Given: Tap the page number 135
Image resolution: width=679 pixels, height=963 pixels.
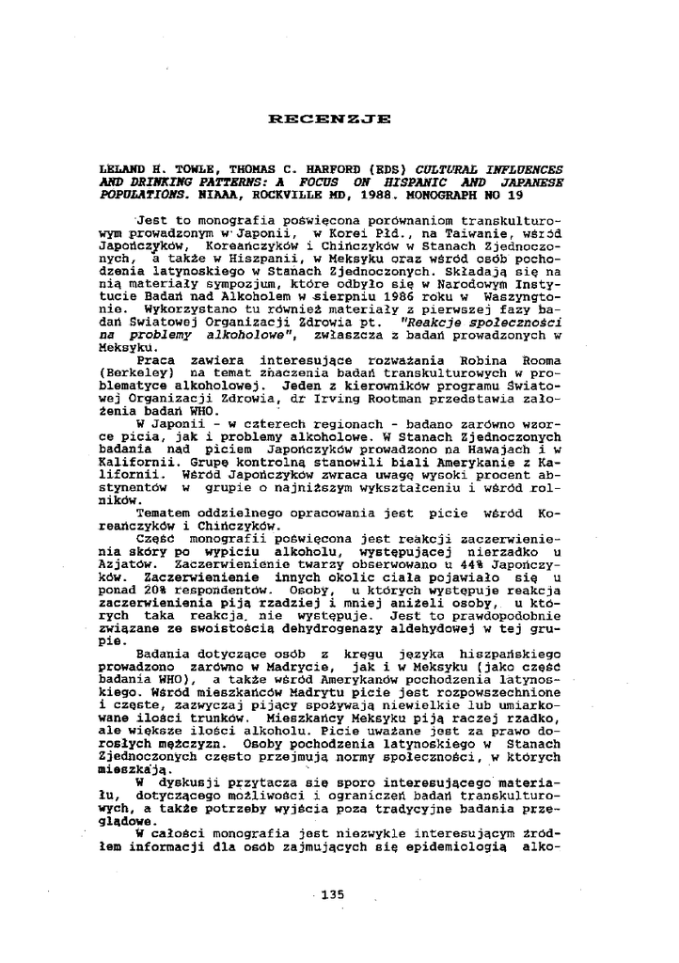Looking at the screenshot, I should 333,894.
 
